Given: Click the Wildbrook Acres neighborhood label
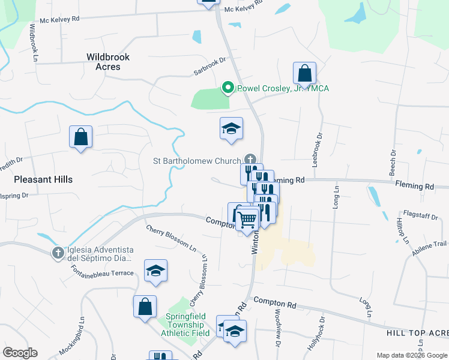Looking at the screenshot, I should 108,62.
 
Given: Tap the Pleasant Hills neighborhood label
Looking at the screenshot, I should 43,179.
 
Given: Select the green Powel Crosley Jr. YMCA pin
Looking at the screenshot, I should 228,89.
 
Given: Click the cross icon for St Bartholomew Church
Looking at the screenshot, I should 249,160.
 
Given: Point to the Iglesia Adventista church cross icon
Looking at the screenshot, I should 58,253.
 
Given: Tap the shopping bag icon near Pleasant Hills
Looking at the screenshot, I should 80,137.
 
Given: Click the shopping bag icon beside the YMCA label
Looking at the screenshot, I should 305,74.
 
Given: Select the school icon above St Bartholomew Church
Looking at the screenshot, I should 231,129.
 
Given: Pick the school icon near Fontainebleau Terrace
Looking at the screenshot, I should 155,271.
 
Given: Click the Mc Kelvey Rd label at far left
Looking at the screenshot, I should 59,19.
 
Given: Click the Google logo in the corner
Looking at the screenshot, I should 20,353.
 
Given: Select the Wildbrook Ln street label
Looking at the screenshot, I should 34,47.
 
